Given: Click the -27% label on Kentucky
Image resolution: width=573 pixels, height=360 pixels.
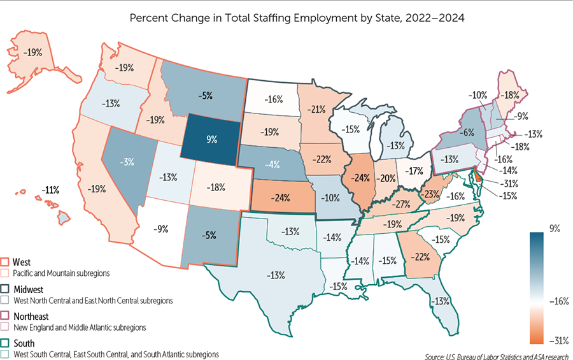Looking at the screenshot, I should point(400,205).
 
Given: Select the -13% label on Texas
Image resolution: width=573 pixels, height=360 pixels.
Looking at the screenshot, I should point(276,276).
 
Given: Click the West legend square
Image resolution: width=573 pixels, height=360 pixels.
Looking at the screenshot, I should point(6,262).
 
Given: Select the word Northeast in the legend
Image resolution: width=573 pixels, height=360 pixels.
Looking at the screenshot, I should point(31,316).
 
